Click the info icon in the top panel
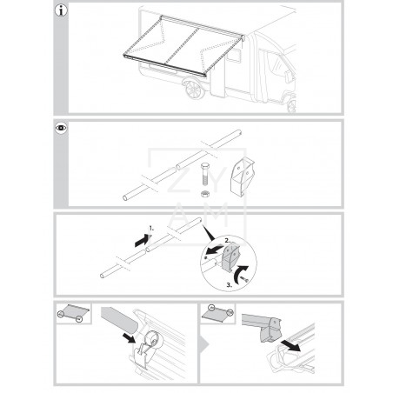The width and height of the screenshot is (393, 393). click(x=61, y=12)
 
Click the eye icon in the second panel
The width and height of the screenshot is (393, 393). click(x=61, y=129)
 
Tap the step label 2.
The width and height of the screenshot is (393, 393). click(x=226, y=238)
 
